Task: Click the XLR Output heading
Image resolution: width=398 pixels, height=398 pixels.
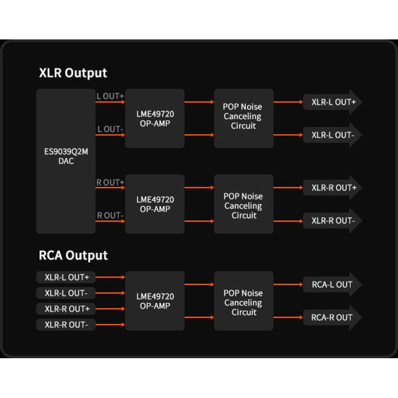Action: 73,73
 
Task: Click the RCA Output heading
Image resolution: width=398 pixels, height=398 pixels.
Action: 73,255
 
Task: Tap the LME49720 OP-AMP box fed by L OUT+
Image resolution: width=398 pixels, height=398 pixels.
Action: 155,119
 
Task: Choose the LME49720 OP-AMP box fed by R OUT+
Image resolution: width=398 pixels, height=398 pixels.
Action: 155,204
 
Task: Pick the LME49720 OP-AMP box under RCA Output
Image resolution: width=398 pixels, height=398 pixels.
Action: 155,301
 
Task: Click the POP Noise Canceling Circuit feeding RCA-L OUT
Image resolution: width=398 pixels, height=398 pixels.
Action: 244,301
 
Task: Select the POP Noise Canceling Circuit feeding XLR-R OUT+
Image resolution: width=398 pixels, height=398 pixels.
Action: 244,204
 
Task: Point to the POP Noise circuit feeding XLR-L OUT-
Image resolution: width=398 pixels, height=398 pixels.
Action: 244,119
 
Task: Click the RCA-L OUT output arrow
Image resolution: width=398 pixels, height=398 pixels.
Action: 332,285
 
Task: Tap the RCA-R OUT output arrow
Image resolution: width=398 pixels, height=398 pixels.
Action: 332,317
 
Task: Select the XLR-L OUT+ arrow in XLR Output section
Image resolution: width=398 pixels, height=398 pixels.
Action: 332,102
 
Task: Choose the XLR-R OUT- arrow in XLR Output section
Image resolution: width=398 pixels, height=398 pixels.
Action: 332,220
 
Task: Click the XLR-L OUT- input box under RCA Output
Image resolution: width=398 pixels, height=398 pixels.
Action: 66,293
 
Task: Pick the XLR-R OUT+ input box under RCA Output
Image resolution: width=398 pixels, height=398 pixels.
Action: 66,309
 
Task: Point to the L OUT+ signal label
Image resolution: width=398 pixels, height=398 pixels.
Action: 110,96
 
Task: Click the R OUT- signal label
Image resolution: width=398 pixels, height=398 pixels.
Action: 110,215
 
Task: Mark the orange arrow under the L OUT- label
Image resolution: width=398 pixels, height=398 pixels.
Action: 110,135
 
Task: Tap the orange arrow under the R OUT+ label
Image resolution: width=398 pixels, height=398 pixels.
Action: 110,188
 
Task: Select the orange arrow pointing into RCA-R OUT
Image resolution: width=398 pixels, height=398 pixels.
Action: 288,318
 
